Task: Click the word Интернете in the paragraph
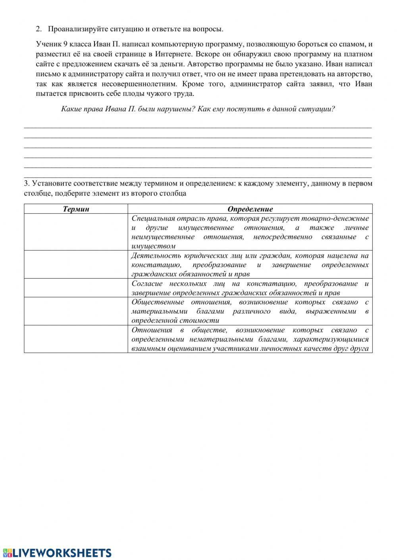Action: pyautogui.click(x=170, y=54)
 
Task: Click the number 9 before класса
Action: pyautogui.click(x=65, y=44)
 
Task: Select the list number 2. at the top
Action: pyautogui.click(x=39, y=29)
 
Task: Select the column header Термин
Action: pyautogui.click(x=76, y=209)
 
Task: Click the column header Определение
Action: pyautogui.click(x=250, y=209)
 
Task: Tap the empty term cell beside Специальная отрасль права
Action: pyautogui.click(x=76, y=232)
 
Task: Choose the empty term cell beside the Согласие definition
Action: pyautogui.click(x=76, y=288)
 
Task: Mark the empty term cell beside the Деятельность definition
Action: pyautogui.click(x=76, y=264)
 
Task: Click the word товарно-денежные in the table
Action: pyautogui.click(x=335, y=218)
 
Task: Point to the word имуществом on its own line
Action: pyautogui.click(x=153, y=246)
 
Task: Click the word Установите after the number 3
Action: pyautogui.click(x=50, y=183)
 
